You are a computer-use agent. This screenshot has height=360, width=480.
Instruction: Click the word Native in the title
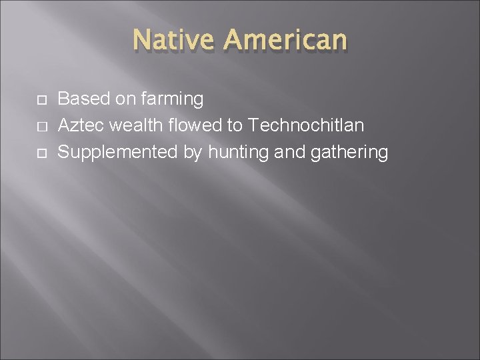(x=175, y=40)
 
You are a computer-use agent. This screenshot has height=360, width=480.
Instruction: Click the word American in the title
(x=286, y=40)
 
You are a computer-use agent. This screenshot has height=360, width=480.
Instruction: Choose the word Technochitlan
(x=307, y=126)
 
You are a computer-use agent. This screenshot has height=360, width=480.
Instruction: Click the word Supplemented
(x=118, y=153)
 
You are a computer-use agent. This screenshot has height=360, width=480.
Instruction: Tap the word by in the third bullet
(x=193, y=153)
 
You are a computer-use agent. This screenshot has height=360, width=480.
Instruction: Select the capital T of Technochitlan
(x=253, y=126)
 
